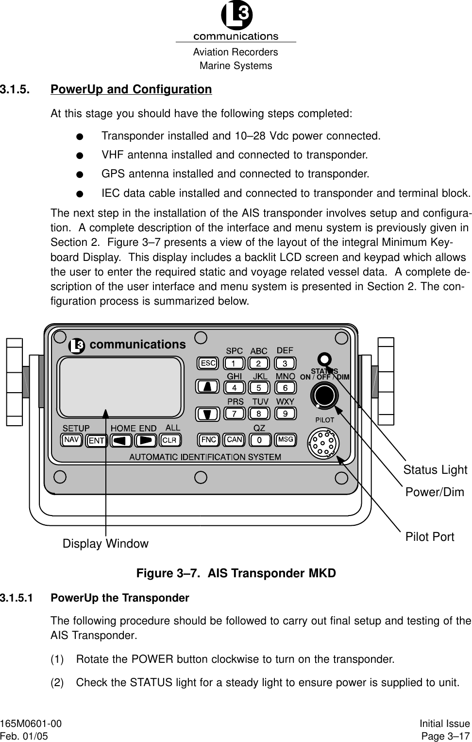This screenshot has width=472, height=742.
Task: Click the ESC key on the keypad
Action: click(208, 363)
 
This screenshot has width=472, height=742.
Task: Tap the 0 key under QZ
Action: click(260, 440)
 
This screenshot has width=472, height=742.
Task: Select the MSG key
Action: click(286, 440)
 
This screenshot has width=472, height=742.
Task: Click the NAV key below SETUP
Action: click(72, 440)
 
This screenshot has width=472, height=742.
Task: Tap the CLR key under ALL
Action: click(170, 440)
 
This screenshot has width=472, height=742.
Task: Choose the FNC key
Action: click(208, 440)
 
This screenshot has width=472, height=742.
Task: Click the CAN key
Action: click(235, 440)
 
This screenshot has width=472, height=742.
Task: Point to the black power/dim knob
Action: click(324, 394)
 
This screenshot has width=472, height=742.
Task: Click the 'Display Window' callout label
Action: click(105, 544)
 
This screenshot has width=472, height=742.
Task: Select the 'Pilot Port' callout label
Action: click(430, 537)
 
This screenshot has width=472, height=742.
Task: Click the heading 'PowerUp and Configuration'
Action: click(131, 89)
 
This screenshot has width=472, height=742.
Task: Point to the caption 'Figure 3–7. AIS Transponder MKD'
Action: click(236, 573)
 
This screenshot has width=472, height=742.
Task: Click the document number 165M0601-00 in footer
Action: click(31, 724)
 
